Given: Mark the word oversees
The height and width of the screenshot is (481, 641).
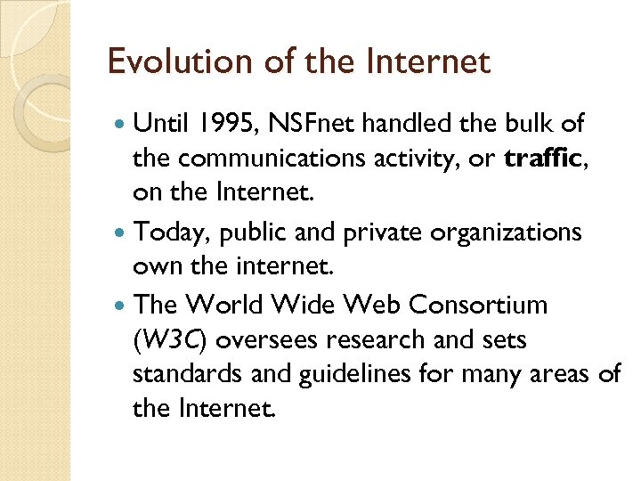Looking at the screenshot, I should point(258,340).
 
